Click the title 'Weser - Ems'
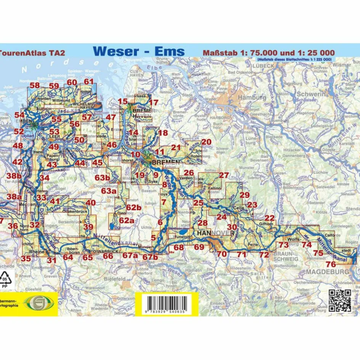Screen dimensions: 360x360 (139, 51)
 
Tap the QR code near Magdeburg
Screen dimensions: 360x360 (340, 301)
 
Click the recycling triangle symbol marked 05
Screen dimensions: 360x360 (5, 277)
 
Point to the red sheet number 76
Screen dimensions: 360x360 (331, 264)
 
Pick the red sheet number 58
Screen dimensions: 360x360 (35, 85)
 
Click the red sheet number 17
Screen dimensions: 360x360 (153, 102)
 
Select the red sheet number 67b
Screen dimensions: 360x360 (150, 257)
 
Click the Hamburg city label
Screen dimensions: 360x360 (252, 98)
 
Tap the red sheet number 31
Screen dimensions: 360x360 (51, 261)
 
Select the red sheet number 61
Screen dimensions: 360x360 (88, 82)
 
